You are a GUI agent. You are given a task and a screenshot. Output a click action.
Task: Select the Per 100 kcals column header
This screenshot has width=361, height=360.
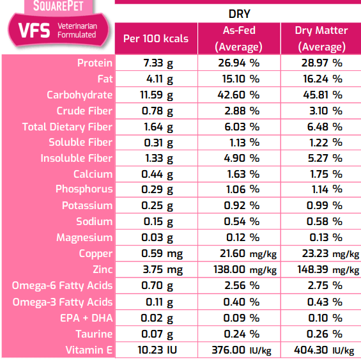(x=156, y=38)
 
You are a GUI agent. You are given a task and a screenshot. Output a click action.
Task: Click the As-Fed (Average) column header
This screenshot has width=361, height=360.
(x=238, y=38)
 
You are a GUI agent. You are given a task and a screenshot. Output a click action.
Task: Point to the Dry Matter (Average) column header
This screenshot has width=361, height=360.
(x=321, y=38)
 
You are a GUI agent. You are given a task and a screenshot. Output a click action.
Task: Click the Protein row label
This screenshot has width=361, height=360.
(x=95, y=63)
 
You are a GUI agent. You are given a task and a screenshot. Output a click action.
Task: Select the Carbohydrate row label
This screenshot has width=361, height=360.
(x=80, y=95)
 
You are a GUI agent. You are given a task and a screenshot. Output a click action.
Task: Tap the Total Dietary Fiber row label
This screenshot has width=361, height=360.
(x=67, y=127)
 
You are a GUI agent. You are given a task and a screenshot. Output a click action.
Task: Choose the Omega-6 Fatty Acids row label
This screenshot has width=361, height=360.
(x=63, y=286)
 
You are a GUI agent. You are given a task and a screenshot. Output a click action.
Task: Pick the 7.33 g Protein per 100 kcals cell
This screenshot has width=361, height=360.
(x=156, y=63)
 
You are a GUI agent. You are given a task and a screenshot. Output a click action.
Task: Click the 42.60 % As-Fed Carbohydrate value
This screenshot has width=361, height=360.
(x=238, y=95)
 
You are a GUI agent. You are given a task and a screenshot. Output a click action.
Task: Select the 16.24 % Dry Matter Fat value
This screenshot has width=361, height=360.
(x=321, y=79)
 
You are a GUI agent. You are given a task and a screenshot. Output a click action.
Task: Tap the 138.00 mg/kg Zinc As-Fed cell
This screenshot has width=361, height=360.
(x=238, y=270)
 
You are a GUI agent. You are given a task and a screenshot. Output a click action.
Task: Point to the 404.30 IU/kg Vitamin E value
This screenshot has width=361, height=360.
(x=321, y=350)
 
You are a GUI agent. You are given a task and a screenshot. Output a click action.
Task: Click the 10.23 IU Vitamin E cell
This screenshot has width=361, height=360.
(x=156, y=350)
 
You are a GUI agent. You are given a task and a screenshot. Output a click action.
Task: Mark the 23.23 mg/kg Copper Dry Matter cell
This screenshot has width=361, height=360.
(x=321, y=254)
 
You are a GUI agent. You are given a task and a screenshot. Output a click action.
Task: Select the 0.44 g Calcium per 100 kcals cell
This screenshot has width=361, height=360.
(x=156, y=174)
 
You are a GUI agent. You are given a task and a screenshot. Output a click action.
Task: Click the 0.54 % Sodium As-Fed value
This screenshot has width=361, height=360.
(x=238, y=222)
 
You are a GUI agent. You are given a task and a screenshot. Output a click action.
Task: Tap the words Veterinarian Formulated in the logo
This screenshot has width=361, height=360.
(x=77, y=31)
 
